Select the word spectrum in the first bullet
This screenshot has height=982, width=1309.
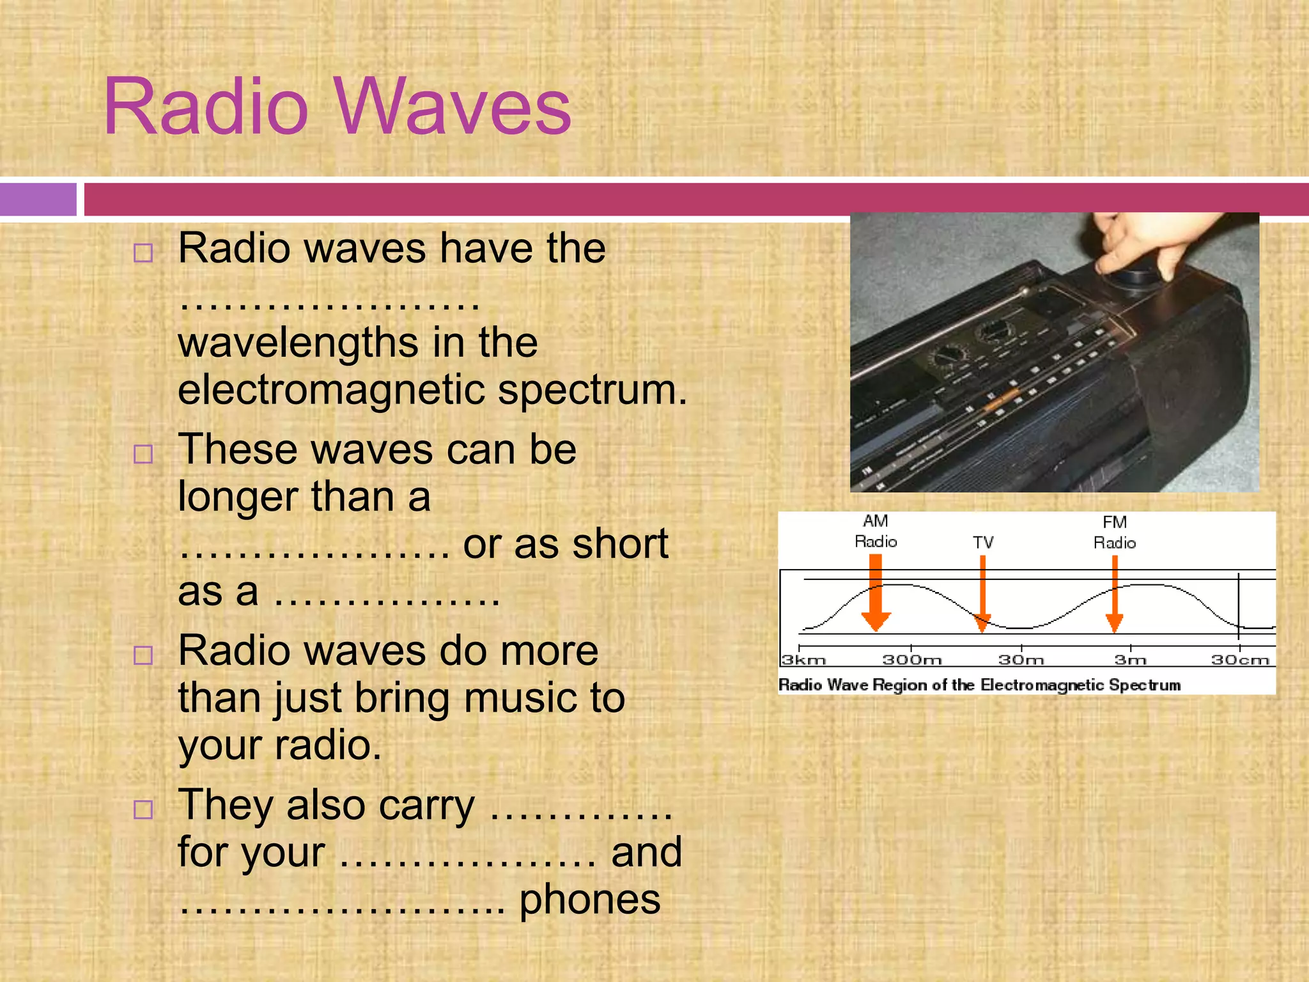point(592,391)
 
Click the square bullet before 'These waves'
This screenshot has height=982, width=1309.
point(143,455)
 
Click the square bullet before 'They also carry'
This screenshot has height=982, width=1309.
point(143,809)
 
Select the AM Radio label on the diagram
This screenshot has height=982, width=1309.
point(876,531)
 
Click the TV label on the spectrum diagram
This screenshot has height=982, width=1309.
point(983,543)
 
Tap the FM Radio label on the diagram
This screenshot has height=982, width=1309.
point(1114,533)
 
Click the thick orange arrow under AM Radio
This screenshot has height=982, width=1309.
point(876,591)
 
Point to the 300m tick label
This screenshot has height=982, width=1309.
point(911,660)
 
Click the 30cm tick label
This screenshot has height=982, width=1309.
point(1240,660)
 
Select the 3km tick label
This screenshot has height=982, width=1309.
point(803,660)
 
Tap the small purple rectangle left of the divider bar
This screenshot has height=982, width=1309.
point(38,199)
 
